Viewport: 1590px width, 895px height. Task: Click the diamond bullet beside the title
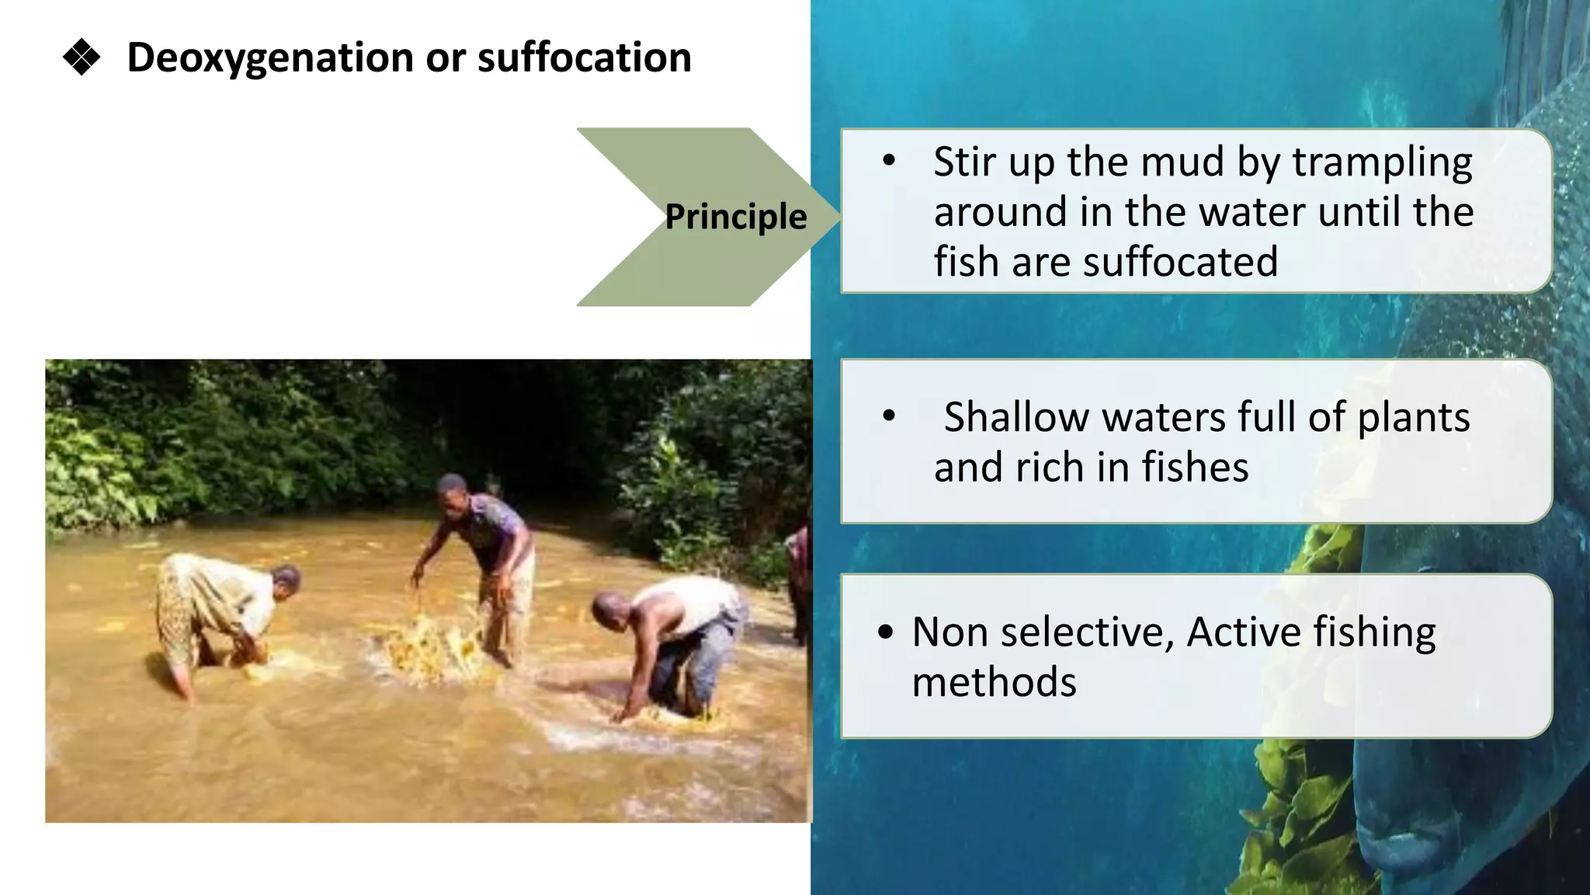point(82,57)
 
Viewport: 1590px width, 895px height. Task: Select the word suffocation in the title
point(584,57)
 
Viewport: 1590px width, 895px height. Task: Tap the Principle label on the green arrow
point(735,217)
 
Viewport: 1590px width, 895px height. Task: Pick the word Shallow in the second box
point(1016,417)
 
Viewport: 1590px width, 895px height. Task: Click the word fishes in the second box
point(1195,468)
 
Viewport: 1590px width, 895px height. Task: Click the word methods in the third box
point(994,682)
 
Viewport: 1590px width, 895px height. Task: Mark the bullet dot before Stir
point(889,162)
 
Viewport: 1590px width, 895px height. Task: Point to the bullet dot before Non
point(885,632)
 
